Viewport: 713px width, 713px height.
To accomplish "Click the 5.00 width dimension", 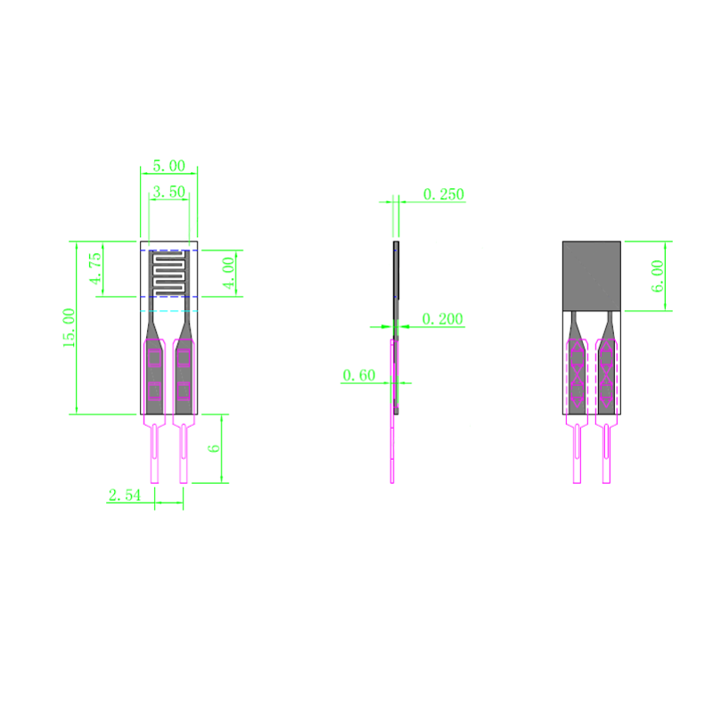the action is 168,166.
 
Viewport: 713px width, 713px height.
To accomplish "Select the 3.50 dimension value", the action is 168,192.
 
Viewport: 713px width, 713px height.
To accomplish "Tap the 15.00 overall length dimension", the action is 70,327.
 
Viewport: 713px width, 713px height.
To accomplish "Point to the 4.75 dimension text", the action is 96,269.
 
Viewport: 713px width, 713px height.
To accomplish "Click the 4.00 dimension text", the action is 228,274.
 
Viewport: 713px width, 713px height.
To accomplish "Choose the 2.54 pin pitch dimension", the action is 125,495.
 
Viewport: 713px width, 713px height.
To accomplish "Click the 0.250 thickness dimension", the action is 443,194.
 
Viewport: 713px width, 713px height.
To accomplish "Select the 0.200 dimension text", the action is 442,319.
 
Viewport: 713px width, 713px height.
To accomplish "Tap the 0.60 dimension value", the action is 359,375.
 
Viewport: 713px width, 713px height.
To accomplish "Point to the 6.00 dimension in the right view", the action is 658,276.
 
